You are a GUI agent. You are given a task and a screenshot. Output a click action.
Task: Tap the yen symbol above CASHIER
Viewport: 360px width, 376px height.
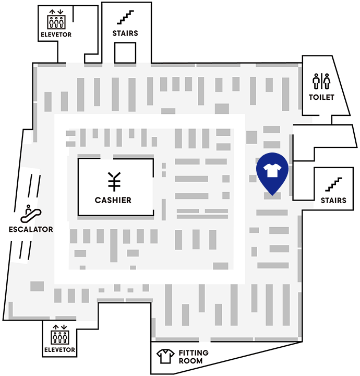tap(114, 182)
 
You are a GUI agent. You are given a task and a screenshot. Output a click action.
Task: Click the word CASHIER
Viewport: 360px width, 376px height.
tap(113, 200)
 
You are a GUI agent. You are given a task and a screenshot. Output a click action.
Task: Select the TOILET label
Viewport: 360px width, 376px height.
tap(321, 97)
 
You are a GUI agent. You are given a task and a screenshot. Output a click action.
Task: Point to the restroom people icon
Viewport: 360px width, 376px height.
tap(321, 81)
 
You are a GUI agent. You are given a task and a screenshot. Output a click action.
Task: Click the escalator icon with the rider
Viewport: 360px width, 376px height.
tap(31, 214)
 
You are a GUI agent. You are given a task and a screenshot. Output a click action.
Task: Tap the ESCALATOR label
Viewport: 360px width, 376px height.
tap(31, 229)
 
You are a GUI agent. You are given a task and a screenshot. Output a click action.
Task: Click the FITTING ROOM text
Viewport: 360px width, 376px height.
tap(194, 357)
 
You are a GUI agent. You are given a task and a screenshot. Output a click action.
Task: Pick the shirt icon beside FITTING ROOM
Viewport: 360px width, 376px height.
tap(165, 356)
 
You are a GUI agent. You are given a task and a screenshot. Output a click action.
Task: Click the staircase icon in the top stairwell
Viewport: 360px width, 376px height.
tap(125, 17)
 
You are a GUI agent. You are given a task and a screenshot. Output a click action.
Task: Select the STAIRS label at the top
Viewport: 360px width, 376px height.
tap(125, 33)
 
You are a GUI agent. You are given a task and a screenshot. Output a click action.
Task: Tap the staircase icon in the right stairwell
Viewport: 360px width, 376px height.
tap(334, 184)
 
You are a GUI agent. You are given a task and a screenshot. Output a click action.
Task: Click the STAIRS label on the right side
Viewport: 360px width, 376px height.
tap(333, 201)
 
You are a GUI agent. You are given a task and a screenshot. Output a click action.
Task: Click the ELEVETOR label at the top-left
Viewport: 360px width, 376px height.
tap(56, 35)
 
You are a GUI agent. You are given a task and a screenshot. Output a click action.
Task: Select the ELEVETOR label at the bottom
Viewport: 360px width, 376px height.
tap(59, 350)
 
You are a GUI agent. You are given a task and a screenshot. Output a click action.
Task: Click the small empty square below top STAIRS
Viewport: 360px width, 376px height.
tap(125, 53)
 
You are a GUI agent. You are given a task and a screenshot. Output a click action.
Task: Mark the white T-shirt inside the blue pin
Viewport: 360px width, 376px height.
tap(272, 170)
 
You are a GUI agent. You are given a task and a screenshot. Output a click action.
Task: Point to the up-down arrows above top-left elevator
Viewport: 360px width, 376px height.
tap(56, 12)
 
